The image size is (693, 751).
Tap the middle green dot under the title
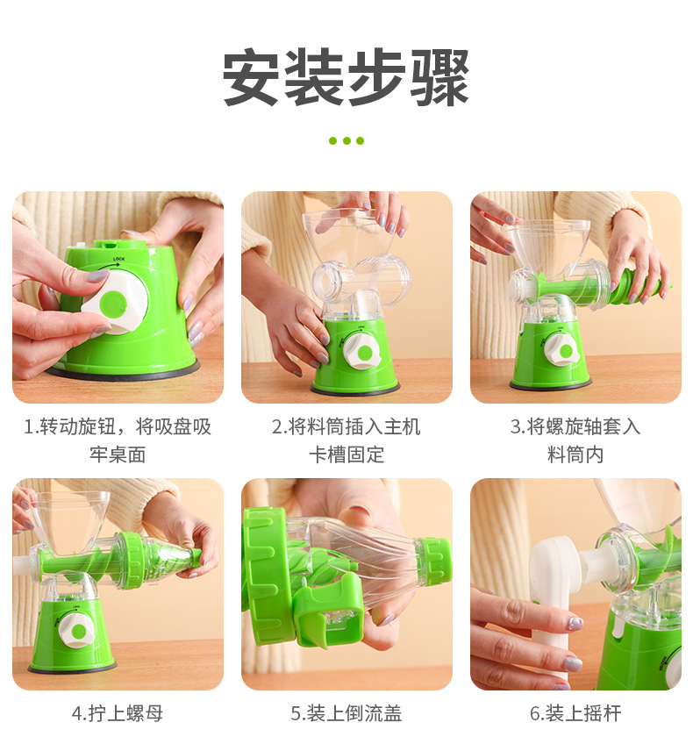(x=346, y=140)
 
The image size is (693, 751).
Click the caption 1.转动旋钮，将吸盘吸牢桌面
(x=118, y=440)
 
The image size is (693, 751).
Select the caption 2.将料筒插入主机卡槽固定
(x=346, y=440)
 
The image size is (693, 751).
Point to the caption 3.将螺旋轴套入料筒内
(x=575, y=440)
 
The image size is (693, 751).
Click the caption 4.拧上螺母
(x=118, y=713)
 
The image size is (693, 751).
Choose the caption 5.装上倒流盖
(x=346, y=713)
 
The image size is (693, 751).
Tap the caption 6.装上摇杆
(x=575, y=713)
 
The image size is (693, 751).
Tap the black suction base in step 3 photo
(x=550, y=385)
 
